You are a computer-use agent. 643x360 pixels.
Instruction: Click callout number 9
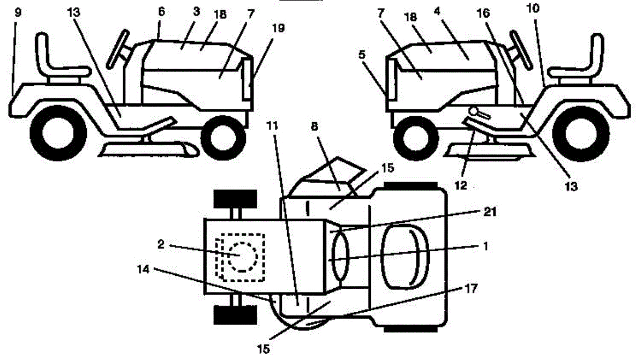(18, 11)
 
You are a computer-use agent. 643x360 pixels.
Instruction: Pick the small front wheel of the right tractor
(413, 137)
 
